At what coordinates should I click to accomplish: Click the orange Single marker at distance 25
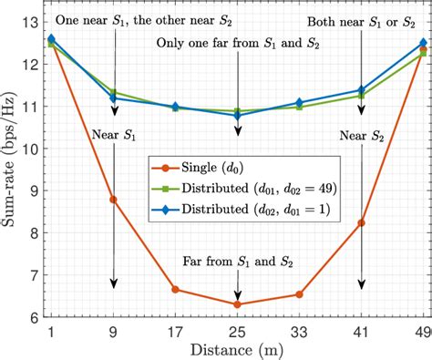239,304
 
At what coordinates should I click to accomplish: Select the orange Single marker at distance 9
114,200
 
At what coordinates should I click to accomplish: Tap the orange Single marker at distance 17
176,290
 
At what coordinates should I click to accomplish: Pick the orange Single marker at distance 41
363,222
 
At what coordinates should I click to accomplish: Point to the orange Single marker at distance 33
301,294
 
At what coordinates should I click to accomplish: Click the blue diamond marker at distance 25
239,116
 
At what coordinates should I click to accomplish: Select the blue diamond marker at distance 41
363,90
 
